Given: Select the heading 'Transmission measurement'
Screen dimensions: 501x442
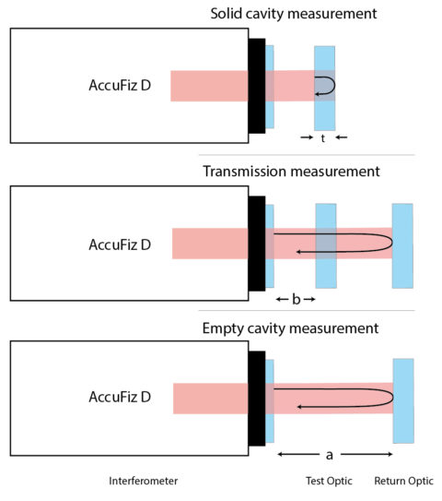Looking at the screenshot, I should [291, 171].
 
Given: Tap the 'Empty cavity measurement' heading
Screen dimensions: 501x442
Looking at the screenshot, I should [290, 328].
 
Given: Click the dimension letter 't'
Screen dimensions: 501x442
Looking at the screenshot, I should [323, 137].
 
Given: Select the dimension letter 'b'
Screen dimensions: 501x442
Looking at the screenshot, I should [297, 300].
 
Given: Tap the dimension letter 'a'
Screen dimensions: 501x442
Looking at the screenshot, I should [331, 455].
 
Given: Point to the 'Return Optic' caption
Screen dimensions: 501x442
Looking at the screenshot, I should [401, 482].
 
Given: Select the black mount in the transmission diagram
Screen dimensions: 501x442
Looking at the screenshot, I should [256, 245].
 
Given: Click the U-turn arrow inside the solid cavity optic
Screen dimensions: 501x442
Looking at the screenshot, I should [326, 86].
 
